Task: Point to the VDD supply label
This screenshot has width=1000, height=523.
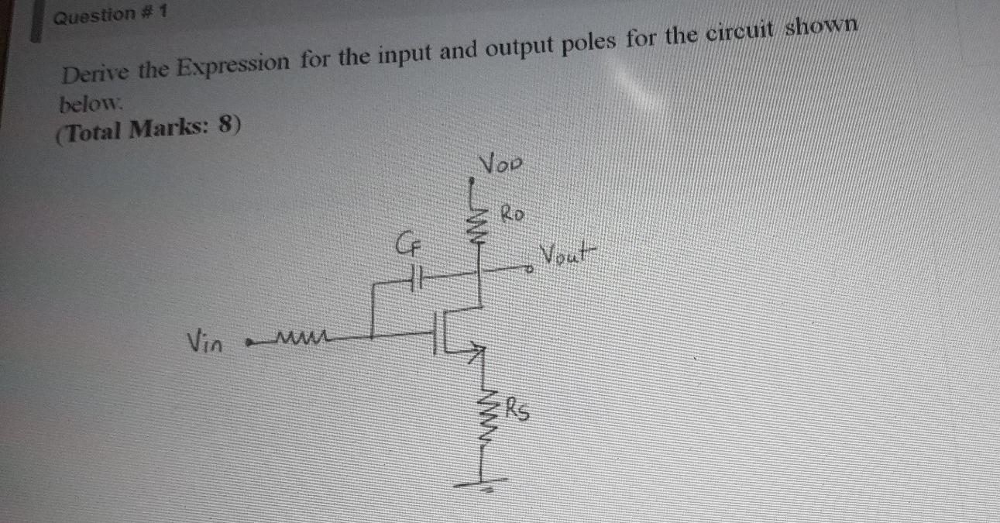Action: click(502, 164)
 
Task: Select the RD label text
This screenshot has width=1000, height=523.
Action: click(514, 211)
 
